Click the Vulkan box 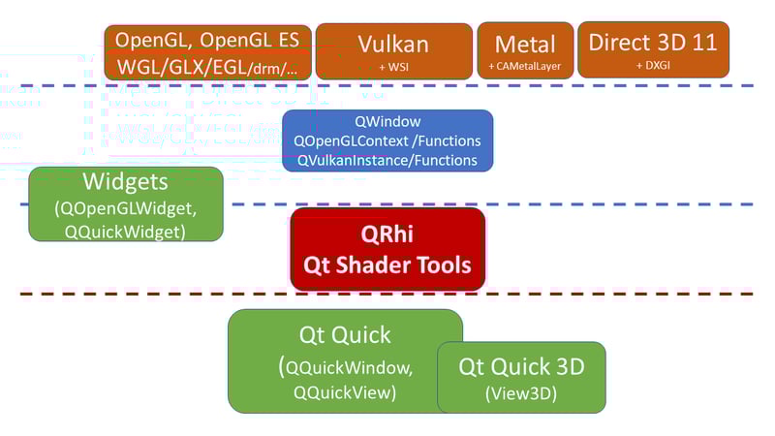[393, 50]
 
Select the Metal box [525, 50]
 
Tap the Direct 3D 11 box [653, 48]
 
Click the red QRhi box [387, 249]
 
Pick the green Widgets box [126, 203]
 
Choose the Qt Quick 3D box [522, 377]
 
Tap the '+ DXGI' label [653, 64]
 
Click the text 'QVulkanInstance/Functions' [387, 159]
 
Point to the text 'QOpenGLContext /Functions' [387, 140]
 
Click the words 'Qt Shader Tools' [387, 264]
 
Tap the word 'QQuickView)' [345, 392]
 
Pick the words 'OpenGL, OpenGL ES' [208, 40]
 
